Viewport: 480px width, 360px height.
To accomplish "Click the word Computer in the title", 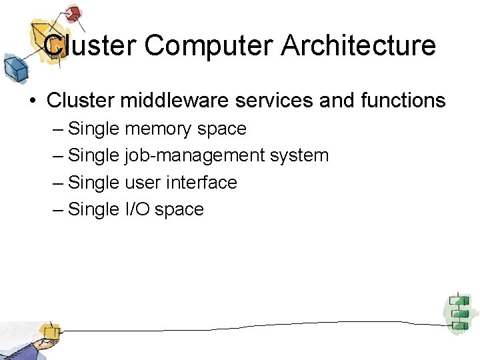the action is [209, 45].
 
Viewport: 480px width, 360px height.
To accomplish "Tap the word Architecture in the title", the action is [359, 45].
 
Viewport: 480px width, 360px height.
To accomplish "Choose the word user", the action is [143, 182].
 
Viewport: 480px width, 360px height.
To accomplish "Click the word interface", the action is [202, 182].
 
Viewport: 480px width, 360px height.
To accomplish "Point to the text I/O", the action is [138, 209].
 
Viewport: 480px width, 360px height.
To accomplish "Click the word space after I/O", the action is [179, 209].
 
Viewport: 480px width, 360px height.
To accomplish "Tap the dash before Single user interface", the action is [58, 183].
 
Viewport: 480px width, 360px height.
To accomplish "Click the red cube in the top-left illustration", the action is [73, 13].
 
